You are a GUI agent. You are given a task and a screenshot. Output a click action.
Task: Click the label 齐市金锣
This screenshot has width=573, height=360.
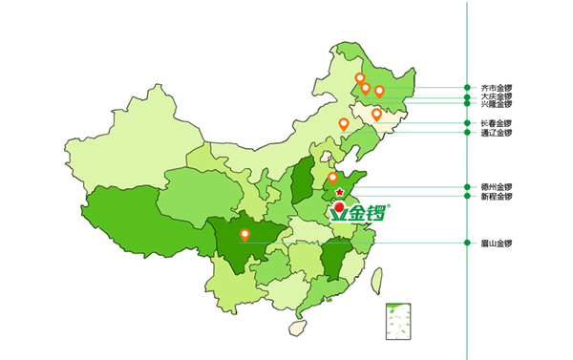(497, 88)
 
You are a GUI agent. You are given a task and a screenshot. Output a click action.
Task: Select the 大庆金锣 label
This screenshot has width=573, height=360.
(497, 96)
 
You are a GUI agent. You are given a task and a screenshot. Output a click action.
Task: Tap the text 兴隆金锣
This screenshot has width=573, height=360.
(497, 104)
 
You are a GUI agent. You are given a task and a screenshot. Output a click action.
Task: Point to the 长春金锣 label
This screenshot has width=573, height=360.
(497, 123)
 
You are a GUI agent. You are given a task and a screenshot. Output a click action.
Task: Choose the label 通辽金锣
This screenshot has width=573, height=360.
(497, 132)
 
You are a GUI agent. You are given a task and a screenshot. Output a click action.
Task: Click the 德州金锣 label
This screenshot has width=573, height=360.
(497, 187)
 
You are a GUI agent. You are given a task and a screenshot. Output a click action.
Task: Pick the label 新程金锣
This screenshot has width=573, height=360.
(497, 196)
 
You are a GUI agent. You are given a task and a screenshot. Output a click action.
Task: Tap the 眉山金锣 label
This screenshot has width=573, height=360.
(497, 243)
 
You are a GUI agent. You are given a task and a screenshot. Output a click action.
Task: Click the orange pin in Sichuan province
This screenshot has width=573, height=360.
(244, 234)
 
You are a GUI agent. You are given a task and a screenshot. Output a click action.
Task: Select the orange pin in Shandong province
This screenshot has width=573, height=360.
(332, 178)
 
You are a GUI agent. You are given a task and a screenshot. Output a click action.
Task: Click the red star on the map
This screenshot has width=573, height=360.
(340, 193)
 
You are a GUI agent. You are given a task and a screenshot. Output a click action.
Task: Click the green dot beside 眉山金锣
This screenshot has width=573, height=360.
(466, 243)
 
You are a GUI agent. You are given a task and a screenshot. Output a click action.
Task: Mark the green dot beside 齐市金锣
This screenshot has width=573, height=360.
(466, 88)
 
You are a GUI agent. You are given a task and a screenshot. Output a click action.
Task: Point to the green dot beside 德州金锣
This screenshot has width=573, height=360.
(466, 187)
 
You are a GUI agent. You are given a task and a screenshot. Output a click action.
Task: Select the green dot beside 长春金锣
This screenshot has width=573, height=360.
(466, 123)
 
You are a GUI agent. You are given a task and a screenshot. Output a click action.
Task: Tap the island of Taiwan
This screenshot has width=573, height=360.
(375, 279)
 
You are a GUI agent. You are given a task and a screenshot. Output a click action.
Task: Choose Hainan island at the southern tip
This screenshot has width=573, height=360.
(298, 327)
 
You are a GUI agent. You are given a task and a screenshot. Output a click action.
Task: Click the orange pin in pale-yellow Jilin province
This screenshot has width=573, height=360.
(376, 115)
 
